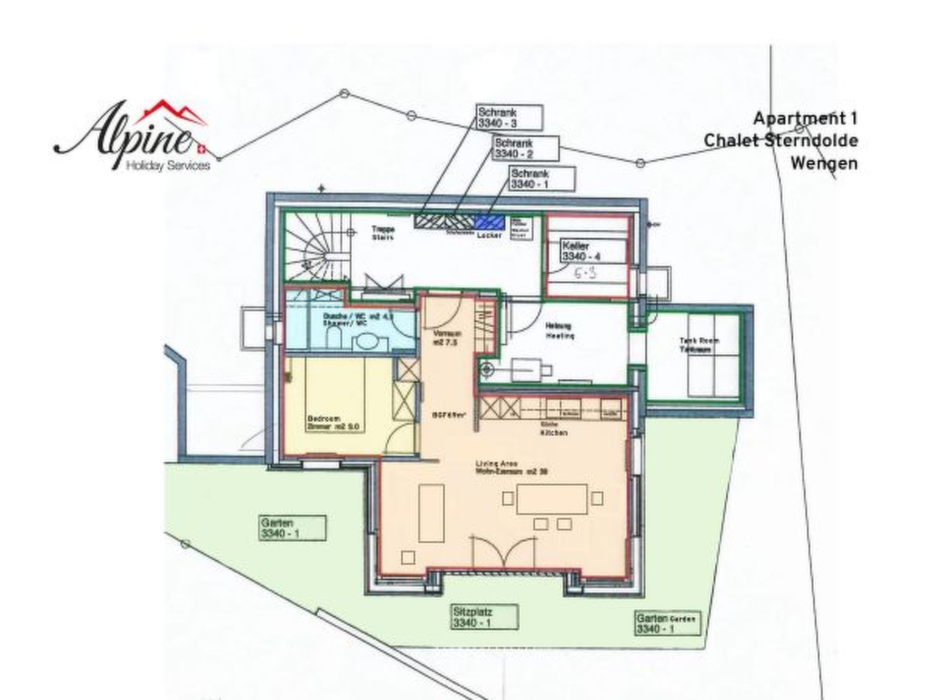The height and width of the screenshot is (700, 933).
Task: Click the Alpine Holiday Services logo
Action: point(132,137)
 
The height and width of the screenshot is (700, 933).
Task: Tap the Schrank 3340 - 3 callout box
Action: point(510,118)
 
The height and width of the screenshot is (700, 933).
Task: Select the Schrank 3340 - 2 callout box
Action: point(527,148)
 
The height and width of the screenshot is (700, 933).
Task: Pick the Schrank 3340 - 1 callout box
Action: point(543,179)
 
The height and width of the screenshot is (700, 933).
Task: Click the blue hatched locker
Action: point(490,222)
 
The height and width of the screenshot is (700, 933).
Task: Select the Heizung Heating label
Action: point(560,331)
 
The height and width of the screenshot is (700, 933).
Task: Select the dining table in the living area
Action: point(552,499)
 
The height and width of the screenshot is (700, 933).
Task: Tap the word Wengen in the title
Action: point(824,163)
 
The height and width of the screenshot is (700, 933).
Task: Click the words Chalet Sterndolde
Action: point(781,141)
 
